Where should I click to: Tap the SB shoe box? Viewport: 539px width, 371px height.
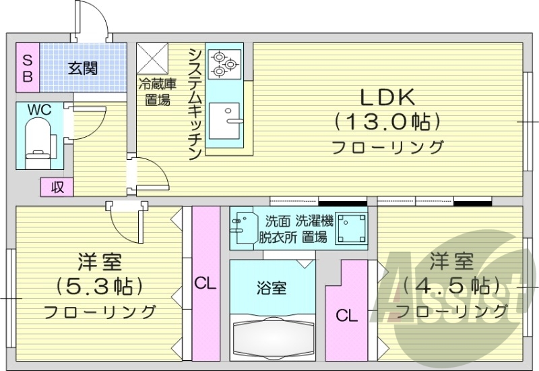tap(28, 67)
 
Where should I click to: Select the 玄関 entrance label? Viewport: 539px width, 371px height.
tap(83, 67)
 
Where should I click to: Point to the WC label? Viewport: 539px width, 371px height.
tap(38, 110)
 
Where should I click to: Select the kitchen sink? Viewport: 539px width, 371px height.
tap(224, 121)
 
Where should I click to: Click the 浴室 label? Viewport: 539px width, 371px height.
tap(272, 288)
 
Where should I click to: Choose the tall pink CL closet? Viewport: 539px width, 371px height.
tap(205, 283)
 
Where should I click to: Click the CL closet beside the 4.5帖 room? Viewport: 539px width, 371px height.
tap(347, 314)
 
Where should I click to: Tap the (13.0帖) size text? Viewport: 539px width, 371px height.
tap(387, 122)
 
